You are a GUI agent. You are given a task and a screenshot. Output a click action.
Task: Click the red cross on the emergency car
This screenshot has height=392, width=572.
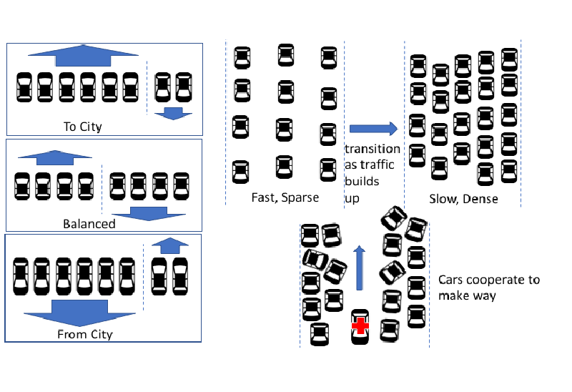click(360, 328)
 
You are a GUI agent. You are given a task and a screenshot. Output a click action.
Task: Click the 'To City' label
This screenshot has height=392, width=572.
click(83, 127)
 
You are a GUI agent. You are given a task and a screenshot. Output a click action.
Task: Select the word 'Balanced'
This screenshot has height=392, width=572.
click(89, 224)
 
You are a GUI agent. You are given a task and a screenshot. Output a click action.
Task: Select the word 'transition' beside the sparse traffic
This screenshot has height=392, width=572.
click(373, 149)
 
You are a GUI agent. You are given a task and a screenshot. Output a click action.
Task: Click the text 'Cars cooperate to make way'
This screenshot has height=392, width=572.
click(488, 288)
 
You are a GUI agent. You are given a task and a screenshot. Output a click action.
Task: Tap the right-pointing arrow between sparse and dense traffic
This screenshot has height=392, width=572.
click(373, 129)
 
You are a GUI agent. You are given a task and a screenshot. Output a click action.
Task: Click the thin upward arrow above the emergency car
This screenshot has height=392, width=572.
click(360, 268)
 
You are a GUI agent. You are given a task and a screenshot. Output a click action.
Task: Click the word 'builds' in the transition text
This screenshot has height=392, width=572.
click(362, 182)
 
